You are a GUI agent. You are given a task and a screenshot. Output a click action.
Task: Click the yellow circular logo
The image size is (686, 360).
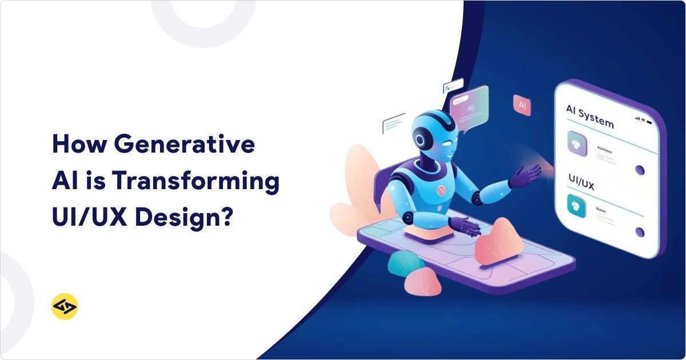coord(64,307)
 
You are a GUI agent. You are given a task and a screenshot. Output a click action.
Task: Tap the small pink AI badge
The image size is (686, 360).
coord(521,105)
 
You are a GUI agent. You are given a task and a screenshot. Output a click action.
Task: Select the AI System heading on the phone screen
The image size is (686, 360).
coord(589,115)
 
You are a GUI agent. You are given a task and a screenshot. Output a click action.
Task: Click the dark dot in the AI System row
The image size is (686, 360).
coord(640,170)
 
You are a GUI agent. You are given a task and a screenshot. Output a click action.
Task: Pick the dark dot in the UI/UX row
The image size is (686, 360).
coord(640,232)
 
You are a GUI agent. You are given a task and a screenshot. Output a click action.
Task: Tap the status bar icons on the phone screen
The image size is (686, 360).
coord(643,119)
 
